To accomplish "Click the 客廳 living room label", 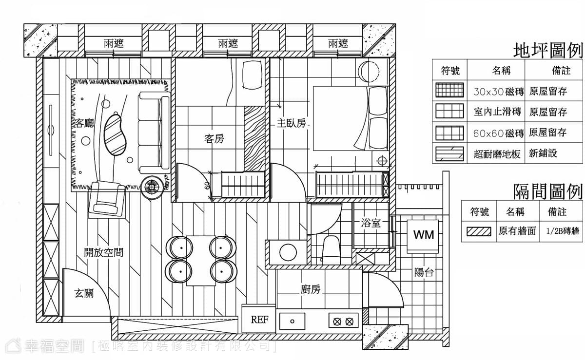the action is click(84, 123).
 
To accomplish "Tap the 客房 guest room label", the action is click(214, 139).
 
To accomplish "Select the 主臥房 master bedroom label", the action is click(291, 123).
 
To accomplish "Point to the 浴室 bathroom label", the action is click(371, 223).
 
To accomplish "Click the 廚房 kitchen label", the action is click(311, 289).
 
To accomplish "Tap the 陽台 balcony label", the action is click(424, 272).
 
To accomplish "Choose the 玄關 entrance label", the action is click(84, 293).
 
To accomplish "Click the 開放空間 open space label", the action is click(104, 252).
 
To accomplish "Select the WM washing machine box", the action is click(423, 236).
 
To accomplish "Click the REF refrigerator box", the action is click(259, 319).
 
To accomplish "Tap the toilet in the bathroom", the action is click(331, 250).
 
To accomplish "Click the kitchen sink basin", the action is click(292, 322).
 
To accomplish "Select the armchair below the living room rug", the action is click(107, 198).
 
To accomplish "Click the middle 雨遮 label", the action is click(228, 43).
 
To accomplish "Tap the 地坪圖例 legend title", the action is click(548, 51).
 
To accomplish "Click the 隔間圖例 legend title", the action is click(548, 191).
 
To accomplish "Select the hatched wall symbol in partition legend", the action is click(479, 231).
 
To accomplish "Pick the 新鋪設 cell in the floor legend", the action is click(543, 153).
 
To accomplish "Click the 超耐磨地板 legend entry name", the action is click(497, 154).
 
